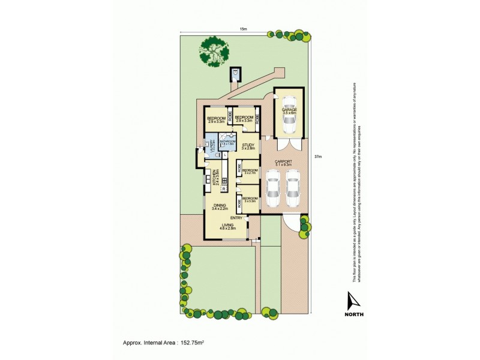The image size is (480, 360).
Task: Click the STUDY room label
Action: [248, 146]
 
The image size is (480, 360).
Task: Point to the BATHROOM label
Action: [227, 142]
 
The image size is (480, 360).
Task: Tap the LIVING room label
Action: [226, 224]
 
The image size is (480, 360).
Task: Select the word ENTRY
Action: [235, 217]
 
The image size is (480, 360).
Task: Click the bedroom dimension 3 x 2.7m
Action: [250, 173]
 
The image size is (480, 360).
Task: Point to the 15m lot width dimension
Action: [242, 28]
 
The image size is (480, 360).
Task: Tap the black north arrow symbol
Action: [352, 300]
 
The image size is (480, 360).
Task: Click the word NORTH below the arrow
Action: [352, 313]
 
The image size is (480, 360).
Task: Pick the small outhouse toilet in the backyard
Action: [236, 74]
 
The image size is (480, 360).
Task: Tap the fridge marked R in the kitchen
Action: [223, 189]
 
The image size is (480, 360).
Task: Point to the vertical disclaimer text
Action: [348, 180]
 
